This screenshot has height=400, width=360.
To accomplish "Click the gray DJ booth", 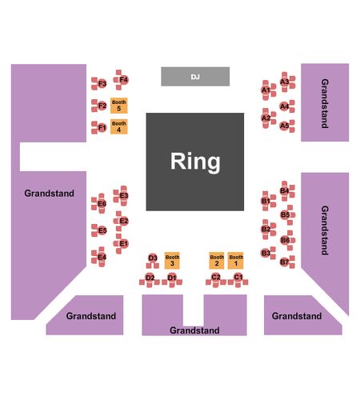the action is [195, 77].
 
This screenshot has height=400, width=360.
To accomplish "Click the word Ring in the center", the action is [195, 162].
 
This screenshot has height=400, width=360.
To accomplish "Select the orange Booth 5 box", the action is [119, 106].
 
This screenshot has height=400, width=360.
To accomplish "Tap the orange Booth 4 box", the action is [119, 126].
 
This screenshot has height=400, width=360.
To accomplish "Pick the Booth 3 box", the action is [172, 260].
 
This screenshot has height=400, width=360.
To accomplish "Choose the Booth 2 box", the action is [217, 260].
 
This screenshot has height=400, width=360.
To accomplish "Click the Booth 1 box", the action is [236, 260].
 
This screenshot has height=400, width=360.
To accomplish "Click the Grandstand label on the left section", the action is [50, 193].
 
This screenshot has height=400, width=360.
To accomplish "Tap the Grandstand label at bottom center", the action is [194, 330].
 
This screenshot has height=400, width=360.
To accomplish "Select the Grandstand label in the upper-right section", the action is [325, 103].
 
